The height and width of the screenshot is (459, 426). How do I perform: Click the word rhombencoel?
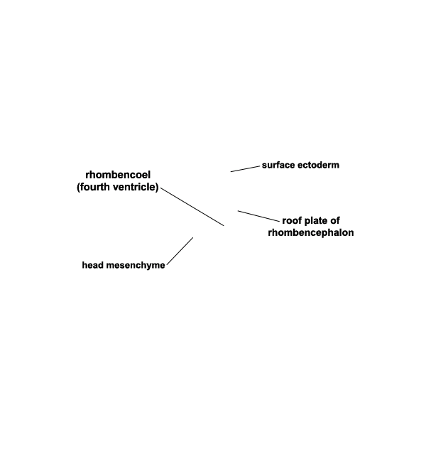coord(118,175)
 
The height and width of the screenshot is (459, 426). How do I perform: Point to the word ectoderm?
coord(318,165)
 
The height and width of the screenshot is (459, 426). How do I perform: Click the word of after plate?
coord(334,220)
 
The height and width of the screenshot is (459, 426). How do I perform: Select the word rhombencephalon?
coord(311,233)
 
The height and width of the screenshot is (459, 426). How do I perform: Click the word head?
coord(93,265)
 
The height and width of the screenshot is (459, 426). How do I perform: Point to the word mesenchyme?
coord(136,266)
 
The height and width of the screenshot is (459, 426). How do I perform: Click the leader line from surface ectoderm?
coord(245,169)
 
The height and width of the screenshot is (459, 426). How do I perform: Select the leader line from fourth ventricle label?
coord(192,207)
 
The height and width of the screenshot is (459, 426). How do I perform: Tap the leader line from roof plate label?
coord(258,216)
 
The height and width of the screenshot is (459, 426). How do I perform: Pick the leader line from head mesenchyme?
coord(180,251)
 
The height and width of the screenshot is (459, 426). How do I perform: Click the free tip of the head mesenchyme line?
coord(193,237)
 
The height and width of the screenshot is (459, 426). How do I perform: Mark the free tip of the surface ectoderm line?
coord(231,172)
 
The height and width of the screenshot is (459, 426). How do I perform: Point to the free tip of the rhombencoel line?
coord(224,226)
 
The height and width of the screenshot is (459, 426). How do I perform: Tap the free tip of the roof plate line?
coord(238,211)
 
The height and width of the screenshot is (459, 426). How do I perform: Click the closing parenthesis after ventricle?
coord(157,187)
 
